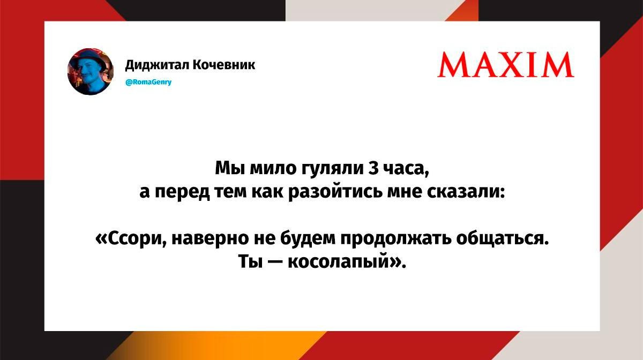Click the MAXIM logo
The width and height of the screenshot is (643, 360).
point(505,65)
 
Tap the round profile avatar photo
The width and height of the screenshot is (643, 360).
point(91,71)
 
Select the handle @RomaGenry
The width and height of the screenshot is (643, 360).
point(148,82)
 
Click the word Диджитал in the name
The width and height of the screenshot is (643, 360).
point(156,65)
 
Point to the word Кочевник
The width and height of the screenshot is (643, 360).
point(223,65)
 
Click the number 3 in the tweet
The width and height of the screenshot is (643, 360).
point(372,168)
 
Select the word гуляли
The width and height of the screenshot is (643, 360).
point(332,169)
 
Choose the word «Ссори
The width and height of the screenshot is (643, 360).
point(131,239)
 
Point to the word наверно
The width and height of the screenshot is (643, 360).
point(210,239)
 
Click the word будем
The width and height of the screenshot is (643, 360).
point(308,239)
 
